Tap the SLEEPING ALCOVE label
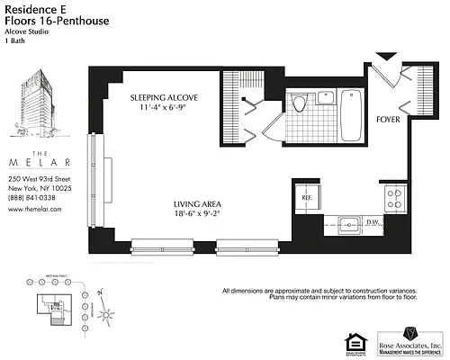click(164, 97)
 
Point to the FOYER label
click(388, 118)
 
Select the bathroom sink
click(324, 98)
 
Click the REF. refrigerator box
click(306, 197)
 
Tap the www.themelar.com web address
click(34, 209)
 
